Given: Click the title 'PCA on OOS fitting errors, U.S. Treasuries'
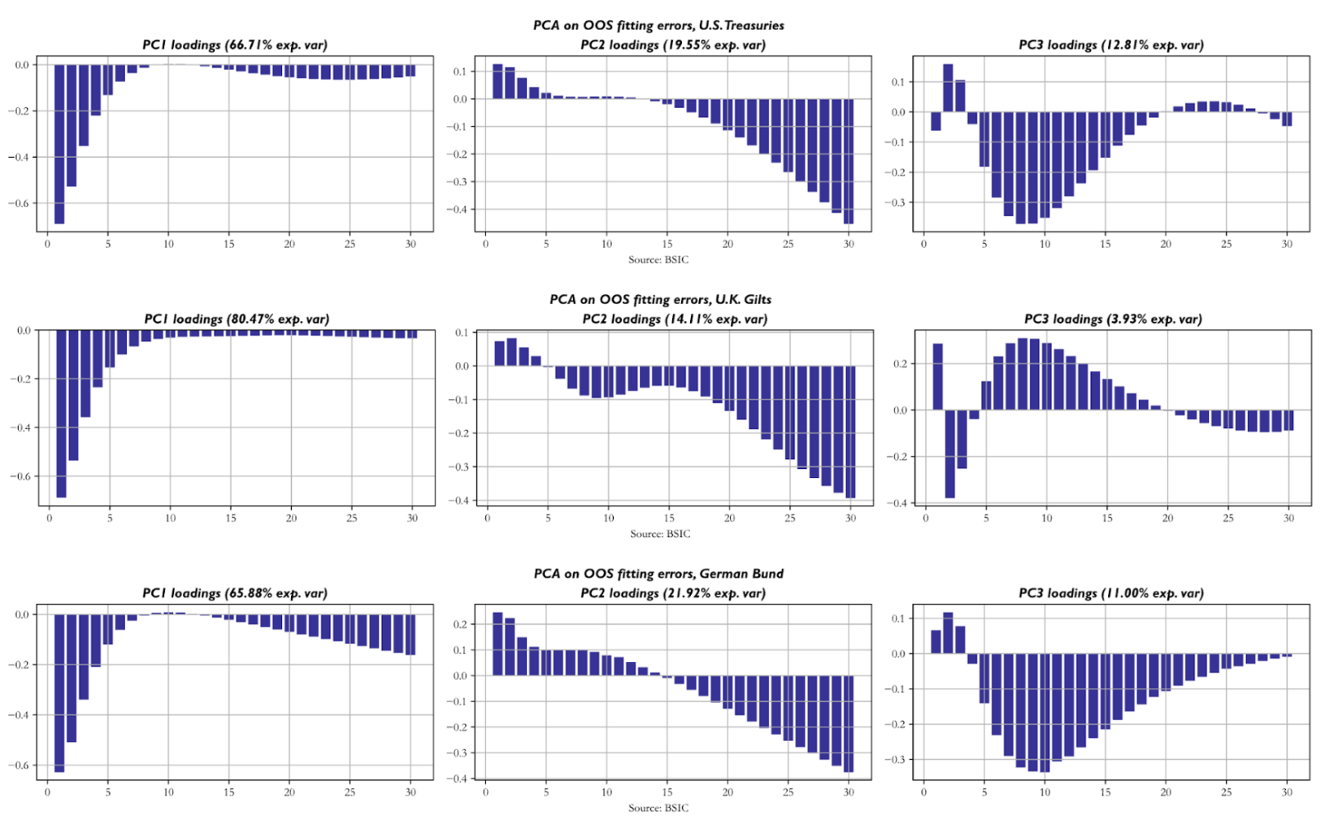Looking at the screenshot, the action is click(658, 25).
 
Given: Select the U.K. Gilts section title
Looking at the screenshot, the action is click(660, 299).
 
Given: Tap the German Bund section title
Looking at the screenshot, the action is click(658, 574).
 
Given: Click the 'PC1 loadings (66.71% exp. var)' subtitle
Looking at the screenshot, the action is click(235, 45).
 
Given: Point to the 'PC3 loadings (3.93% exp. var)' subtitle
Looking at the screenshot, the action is click(1113, 319).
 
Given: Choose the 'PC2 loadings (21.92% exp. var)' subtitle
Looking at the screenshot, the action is click(672, 593).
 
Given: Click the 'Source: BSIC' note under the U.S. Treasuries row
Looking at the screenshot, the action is click(658, 260).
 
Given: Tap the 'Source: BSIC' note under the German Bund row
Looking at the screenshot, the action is click(658, 808).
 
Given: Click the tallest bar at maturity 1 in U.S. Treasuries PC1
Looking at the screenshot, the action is click(59, 145).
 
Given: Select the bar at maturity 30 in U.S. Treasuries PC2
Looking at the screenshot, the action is click(848, 162).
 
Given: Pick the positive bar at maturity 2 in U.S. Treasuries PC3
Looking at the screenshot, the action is click(948, 88).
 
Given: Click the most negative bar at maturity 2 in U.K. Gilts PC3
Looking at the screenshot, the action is click(950, 453).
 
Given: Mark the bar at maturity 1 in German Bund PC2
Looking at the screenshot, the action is click(497, 644).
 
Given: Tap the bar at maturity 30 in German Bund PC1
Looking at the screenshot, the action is click(411, 635).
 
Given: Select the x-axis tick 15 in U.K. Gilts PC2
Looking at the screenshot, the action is click(669, 518).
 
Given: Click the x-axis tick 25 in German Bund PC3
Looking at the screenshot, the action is click(1226, 792).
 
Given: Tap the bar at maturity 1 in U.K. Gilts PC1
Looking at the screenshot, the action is click(62, 414).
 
